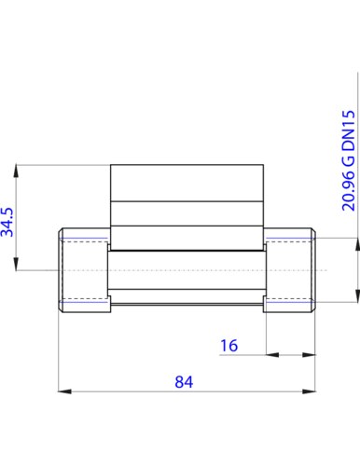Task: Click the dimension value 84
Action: pyautogui.click(x=184, y=382)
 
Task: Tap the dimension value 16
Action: pyautogui.click(x=228, y=346)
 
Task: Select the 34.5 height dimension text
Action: pyautogui.click(x=7, y=222)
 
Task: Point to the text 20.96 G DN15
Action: pyautogui.click(x=348, y=161)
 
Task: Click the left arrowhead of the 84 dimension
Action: pyautogui.click(x=64, y=391)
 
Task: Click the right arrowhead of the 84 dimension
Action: pyautogui.click(x=309, y=391)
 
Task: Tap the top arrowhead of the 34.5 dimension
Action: pyautogui.click(x=16, y=171)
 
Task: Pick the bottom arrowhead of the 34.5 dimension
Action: pyautogui.click(x=16, y=264)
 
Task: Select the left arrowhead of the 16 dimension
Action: pyautogui.click(x=272, y=354)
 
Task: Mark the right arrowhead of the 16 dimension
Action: pyautogui.click(x=309, y=354)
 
